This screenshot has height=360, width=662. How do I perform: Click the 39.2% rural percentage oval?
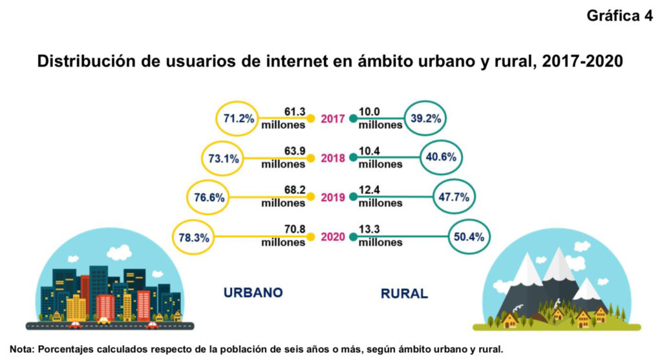click(x=425, y=118)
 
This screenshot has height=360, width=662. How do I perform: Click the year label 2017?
click(x=332, y=118)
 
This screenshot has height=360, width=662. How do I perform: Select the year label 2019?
click(x=332, y=197)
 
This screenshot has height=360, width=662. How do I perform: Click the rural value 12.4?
click(x=370, y=191)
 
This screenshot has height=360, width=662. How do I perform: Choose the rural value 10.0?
click(x=370, y=111)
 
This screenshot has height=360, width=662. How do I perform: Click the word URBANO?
click(x=253, y=292)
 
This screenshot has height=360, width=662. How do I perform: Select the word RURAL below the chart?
click(x=404, y=293)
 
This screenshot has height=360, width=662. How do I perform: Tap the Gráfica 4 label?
click(x=619, y=17)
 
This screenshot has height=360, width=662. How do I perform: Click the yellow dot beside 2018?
click(x=310, y=158)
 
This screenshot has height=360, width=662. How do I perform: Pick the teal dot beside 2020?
click(x=353, y=237)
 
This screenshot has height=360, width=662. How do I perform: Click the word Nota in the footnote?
click(x=21, y=349)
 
